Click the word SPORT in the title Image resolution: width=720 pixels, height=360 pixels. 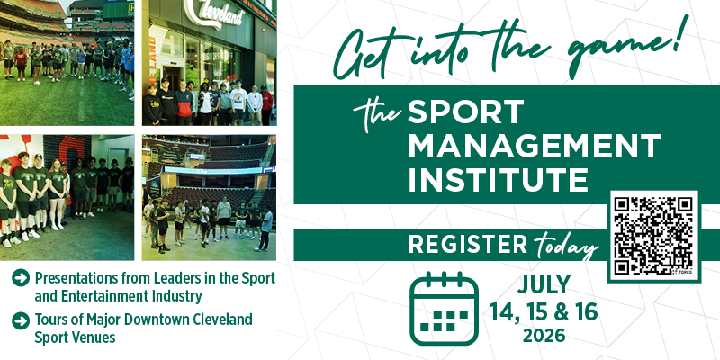coord(465,113)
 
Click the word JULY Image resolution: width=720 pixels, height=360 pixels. coord(544,285)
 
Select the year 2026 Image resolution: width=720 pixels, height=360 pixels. coord(543,337)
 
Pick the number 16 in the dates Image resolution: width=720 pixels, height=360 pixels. coord(583,311)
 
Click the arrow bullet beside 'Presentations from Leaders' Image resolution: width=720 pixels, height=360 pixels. coord(19,279)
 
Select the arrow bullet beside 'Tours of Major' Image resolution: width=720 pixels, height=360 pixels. coord(19,320)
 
